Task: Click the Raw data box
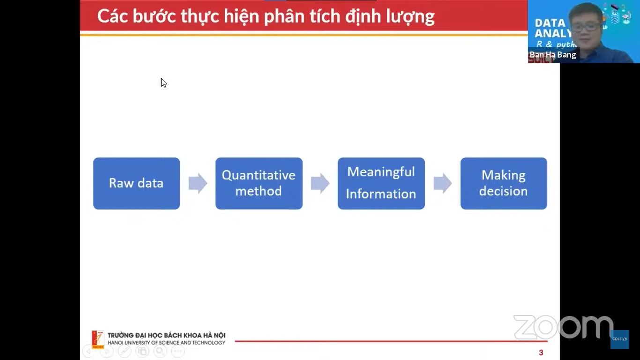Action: point(136,183)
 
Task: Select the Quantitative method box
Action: point(259,183)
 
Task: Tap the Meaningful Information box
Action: point(381,183)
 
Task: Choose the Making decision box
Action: point(504,183)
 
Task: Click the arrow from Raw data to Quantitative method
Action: point(198,183)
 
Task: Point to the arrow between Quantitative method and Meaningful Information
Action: point(320,183)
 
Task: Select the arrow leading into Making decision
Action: point(443,183)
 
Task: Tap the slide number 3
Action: point(541,352)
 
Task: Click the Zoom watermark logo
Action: point(564,327)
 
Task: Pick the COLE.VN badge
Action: point(620,339)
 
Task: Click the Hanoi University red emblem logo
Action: point(98,339)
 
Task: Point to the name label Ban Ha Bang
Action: point(552,55)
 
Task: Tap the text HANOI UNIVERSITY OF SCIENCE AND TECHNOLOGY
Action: point(166,343)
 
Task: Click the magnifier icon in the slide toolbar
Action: point(160,351)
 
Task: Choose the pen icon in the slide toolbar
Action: point(125,351)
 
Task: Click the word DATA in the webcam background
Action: point(550,23)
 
